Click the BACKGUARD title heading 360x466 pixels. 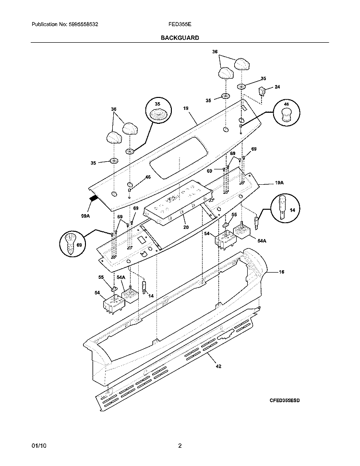pos(180,37)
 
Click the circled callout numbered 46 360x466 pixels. pos(286,114)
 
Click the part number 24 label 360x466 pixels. pos(276,87)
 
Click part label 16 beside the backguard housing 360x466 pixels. pos(281,272)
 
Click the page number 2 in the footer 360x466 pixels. pos(180,445)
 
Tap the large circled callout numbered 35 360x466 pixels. pos(158,114)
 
